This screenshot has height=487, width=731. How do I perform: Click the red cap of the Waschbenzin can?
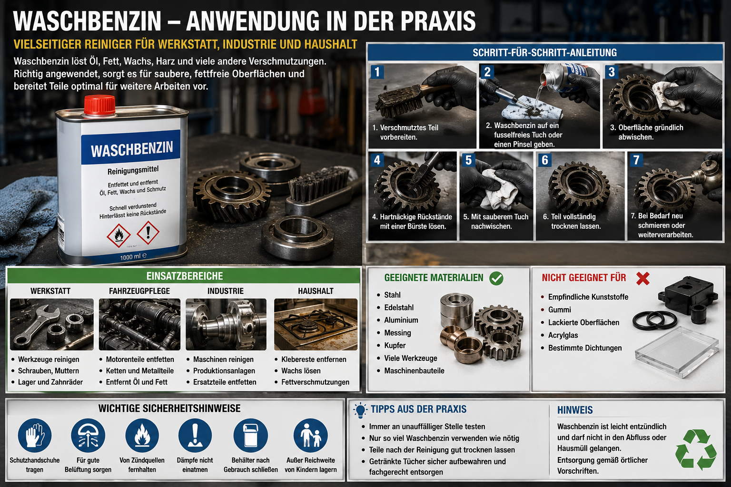pyautogui.click(x=100, y=106)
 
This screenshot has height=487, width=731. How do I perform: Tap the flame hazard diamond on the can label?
pyautogui.click(x=119, y=235)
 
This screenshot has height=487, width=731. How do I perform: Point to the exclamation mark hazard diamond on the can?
pyautogui.click(x=148, y=232)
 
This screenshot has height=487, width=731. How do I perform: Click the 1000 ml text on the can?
pyautogui.click(x=133, y=257)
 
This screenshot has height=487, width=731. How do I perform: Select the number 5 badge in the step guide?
pyautogui.click(x=469, y=160)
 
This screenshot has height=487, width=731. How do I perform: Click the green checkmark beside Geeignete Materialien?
pyautogui.click(x=496, y=278)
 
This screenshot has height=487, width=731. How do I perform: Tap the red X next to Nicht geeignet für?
pyautogui.click(x=643, y=279)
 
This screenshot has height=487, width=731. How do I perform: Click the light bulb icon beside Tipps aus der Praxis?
pyautogui.click(x=360, y=410)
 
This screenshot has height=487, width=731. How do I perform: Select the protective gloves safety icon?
pyautogui.click(x=35, y=436)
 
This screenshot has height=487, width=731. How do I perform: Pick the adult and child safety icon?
pyautogui.click(x=311, y=436)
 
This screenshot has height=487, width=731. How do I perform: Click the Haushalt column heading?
pyautogui.click(x=316, y=291)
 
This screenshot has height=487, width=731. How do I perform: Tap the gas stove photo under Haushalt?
pyautogui.click(x=316, y=324)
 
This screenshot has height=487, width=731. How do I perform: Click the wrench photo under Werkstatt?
pyautogui.click(x=51, y=324)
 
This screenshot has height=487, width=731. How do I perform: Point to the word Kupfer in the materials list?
pyautogui.click(x=395, y=345)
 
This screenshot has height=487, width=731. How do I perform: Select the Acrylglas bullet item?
pyautogui.click(x=559, y=335)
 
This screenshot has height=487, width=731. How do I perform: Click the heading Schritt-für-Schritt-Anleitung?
pyautogui.click(x=544, y=52)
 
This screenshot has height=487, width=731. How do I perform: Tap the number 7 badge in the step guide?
pyautogui.click(x=636, y=160)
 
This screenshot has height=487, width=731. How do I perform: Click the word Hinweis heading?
pyautogui.click(x=575, y=410)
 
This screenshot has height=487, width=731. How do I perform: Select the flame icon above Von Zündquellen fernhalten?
pyautogui.click(x=142, y=436)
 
